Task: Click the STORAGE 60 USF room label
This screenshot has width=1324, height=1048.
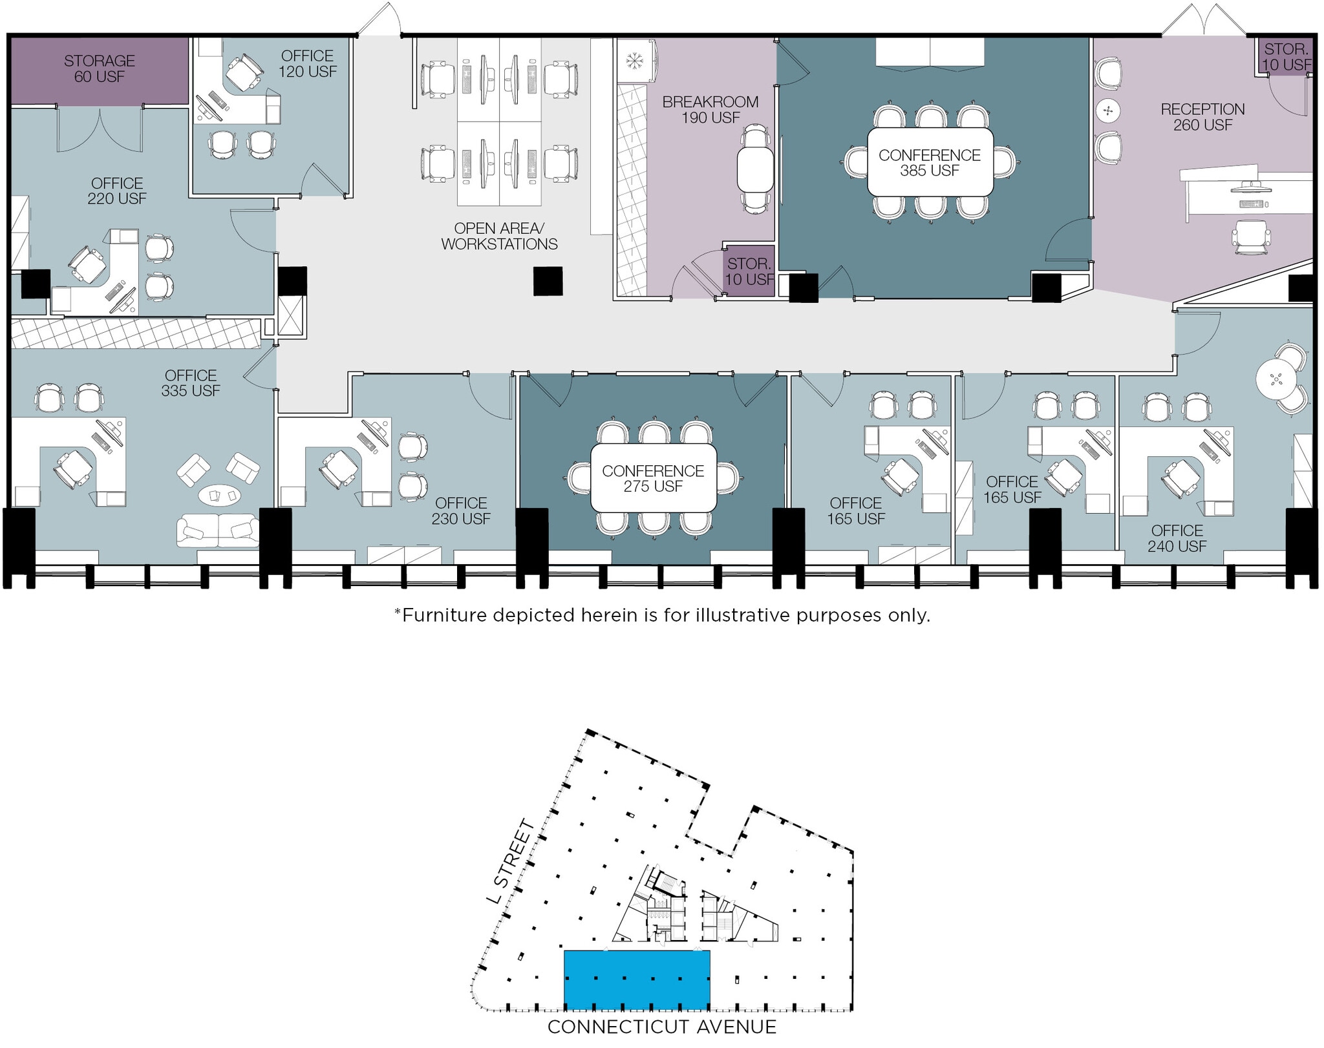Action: [100, 68]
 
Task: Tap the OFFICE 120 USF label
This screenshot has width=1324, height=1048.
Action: [308, 63]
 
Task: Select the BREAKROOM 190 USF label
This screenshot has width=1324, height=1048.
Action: [710, 109]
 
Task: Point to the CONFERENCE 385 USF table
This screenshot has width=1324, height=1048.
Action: [930, 162]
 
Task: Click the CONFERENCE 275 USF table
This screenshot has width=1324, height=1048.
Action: [653, 478]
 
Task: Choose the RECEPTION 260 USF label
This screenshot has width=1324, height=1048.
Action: [1202, 117]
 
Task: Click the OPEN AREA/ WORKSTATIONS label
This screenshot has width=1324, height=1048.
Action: [499, 236]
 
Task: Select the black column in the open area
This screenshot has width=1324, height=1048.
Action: [548, 281]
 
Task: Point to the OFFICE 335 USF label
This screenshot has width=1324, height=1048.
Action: [191, 383]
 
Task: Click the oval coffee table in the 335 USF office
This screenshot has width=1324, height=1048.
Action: [219, 496]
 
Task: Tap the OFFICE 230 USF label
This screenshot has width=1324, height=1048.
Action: [461, 510]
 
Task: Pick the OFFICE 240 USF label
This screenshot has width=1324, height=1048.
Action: [1177, 538]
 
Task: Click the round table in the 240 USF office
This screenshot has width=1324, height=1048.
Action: [1276, 379]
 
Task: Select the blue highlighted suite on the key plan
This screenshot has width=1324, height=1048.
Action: [637, 980]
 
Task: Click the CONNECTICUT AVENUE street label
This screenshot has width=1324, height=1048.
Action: [661, 1026]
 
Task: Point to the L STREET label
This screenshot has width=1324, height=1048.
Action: [511, 862]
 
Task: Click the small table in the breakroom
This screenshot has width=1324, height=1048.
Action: [755, 169]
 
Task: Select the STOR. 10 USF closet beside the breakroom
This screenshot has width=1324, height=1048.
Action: [749, 271]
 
